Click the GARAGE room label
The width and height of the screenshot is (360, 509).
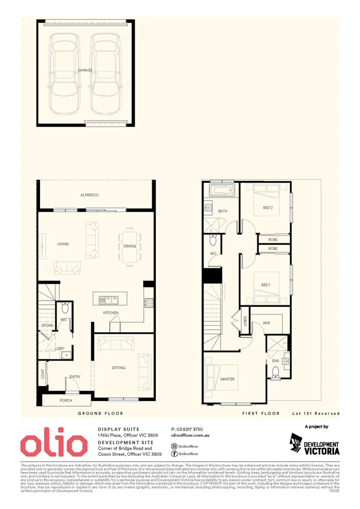point(85,70)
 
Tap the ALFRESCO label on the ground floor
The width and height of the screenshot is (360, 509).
point(89,195)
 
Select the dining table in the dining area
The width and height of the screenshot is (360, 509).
point(130,246)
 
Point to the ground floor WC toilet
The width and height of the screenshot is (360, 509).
point(65,308)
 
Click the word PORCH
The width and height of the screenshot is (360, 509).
point(66,401)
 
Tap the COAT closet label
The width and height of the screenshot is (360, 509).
point(43,374)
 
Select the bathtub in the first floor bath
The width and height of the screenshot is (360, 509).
point(222,193)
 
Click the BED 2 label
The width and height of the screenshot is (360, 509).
point(268,207)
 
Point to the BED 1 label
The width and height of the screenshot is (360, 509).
point(266,285)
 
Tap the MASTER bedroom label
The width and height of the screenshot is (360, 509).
point(228,379)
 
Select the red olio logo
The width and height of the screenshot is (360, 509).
point(53,444)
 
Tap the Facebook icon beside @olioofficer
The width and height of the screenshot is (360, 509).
point(174,453)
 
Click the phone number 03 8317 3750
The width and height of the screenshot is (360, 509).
point(187,429)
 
